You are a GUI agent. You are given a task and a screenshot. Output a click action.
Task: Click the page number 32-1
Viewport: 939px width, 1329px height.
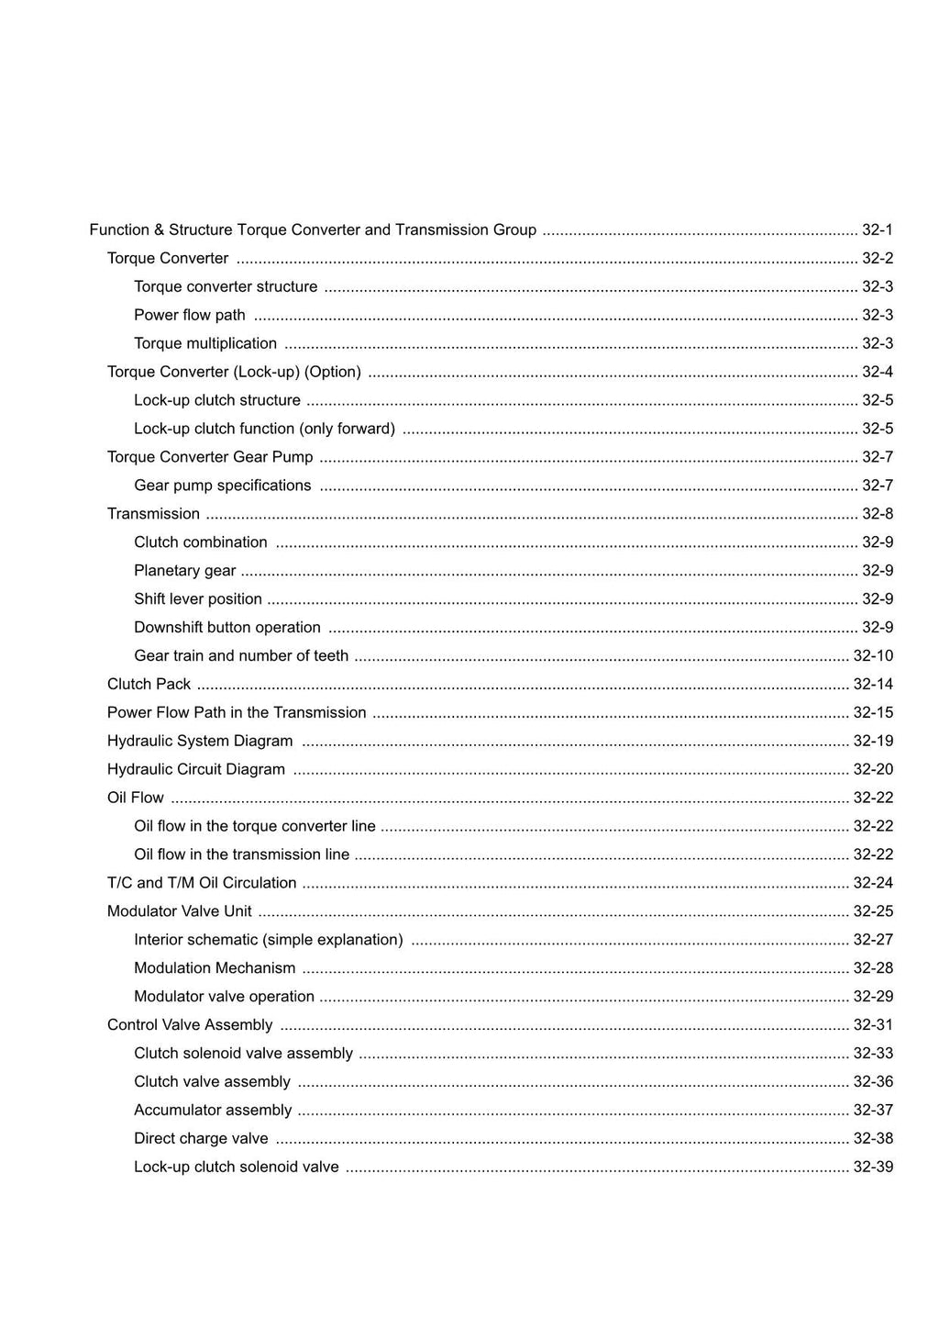(x=877, y=230)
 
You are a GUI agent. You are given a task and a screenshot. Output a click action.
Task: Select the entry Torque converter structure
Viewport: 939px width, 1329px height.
(x=226, y=287)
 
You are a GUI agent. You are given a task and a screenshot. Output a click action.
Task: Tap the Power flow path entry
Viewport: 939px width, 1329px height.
(x=190, y=316)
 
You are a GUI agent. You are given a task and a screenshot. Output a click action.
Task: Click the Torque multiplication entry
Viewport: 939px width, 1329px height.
(x=205, y=344)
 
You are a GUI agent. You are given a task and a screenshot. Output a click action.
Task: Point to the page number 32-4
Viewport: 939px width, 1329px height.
(x=877, y=373)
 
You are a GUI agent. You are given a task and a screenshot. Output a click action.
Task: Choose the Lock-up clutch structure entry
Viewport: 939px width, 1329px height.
(x=217, y=401)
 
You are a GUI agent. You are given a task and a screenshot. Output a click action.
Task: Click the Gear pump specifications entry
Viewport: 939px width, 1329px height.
(x=223, y=486)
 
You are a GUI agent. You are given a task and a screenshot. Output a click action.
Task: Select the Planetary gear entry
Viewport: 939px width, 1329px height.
(x=185, y=571)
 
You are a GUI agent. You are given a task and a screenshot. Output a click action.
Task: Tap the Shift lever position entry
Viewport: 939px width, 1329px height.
(x=198, y=599)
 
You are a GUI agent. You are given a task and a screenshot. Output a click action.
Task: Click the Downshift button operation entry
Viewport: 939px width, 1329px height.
(x=227, y=628)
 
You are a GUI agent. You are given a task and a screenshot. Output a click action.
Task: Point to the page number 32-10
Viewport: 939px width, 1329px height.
(x=873, y=656)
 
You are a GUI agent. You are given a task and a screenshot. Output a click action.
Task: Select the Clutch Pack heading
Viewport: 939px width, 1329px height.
(x=149, y=685)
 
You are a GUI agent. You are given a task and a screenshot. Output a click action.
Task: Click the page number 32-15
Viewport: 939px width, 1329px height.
(x=873, y=713)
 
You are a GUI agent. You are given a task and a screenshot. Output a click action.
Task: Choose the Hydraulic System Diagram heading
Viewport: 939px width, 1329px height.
(x=200, y=742)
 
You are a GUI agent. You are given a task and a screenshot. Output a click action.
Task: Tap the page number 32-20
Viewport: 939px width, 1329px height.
(x=873, y=770)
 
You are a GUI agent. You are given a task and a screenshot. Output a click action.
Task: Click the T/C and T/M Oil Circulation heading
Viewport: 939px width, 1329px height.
(x=202, y=883)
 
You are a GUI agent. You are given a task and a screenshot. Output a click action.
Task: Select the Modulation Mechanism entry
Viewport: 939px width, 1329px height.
(x=215, y=968)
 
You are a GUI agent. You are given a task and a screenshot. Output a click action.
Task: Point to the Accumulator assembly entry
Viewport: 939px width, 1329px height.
(x=213, y=1111)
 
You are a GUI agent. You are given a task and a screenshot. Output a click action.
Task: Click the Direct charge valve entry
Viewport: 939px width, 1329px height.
(x=201, y=1139)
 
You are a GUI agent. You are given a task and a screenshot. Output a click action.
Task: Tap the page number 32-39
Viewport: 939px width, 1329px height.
(x=873, y=1167)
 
